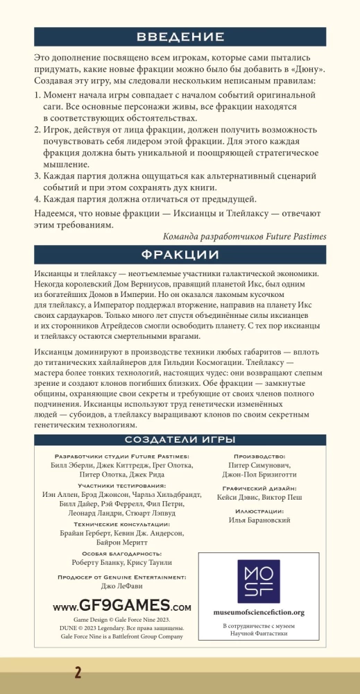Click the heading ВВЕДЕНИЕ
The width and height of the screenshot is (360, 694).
(180, 37)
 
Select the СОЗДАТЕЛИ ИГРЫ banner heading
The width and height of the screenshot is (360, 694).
(180, 439)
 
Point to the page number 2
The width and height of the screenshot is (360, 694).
(78, 672)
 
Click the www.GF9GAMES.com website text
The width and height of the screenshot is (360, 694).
(121, 606)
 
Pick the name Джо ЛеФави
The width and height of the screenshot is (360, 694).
(121, 586)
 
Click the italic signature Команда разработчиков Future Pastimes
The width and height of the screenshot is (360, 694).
(245, 236)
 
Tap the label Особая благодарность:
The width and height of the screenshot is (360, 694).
(121, 553)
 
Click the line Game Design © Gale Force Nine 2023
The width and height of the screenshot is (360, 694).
(121, 618)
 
